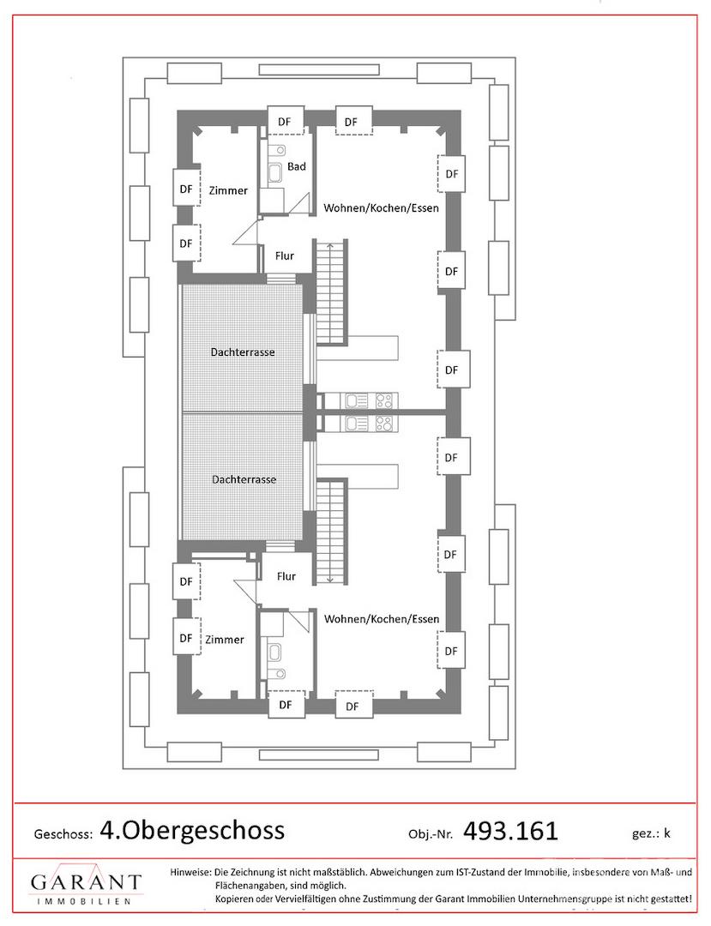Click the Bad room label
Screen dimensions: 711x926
coord(297,166)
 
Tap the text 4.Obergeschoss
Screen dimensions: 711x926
coord(192,830)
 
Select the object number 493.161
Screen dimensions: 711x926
coord(510,831)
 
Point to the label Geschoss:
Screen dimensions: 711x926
coord(63,834)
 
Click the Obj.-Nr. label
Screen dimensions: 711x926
coord(431,834)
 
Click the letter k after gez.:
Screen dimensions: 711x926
coord(667,833)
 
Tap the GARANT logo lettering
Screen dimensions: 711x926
coord(87,882)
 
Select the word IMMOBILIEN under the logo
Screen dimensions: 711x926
coord(84,901)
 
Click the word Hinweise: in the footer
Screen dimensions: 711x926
coord(190,872)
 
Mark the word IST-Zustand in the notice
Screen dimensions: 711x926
coord(483,872)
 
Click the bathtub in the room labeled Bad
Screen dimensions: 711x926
coord(275,173)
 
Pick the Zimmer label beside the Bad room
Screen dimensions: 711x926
coord(228,190)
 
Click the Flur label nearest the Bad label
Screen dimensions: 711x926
coord(285,256)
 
